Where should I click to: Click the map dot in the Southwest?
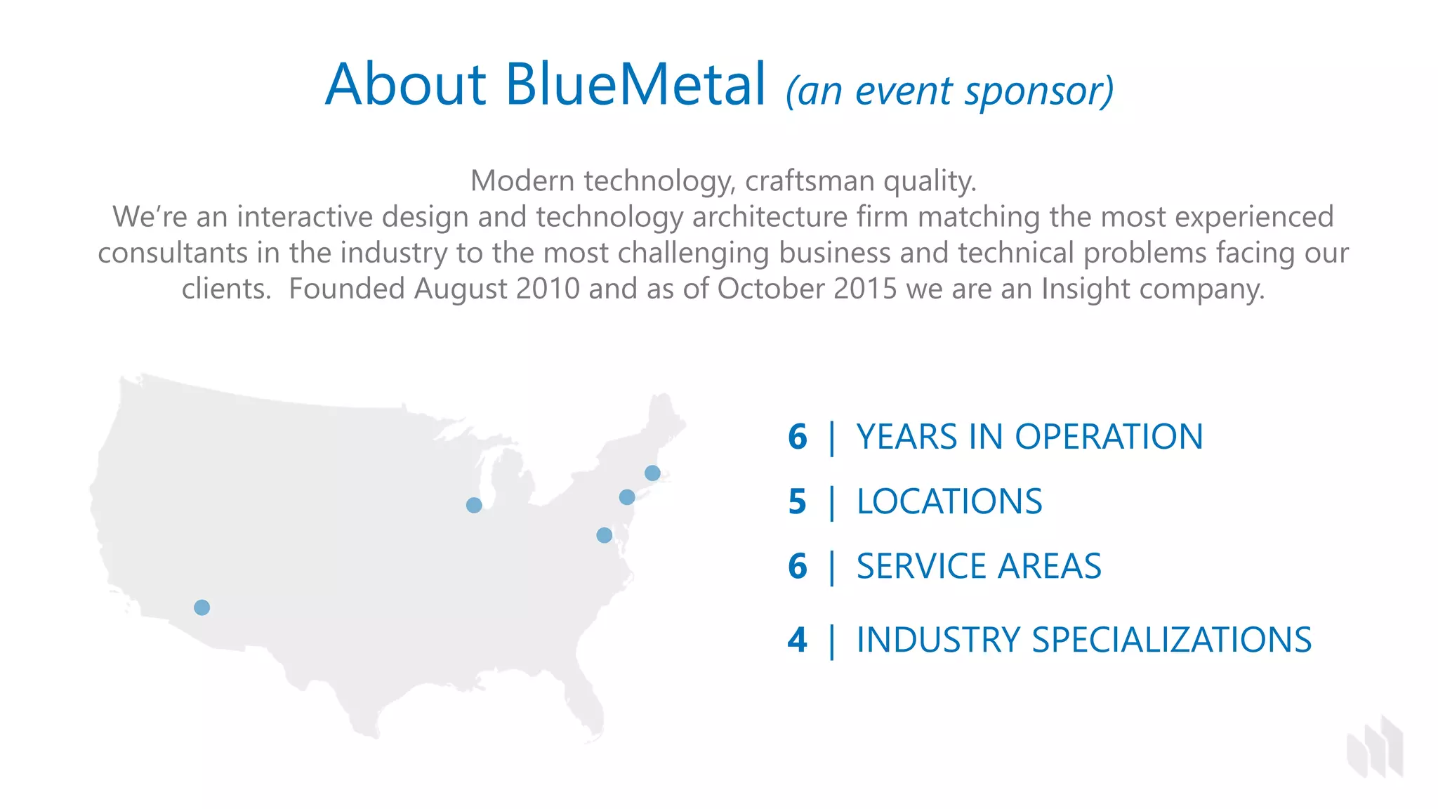pyautogui.click(x=202, y=607)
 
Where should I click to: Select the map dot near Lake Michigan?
pyautogui.click(x=474, y=505)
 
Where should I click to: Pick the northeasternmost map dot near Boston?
pyautogui.click(x=652, y=473)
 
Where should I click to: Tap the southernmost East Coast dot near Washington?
pyautogui.click(x=604, y=535)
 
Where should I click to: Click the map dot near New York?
pyautogui.click(x=627, y=497)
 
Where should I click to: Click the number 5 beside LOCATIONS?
pyautogui.click(x=797, y=502)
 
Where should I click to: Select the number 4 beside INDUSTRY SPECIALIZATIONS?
pyautogui.click(x=797, y=640)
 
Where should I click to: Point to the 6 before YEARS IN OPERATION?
pyautogui.click(x=798, y=437)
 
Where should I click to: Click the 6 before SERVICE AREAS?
pyautogui.click(x=798, y=567)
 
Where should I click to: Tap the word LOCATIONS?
pyautogui.click(x=949, y=502)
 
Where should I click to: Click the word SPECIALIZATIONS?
pyautogui.click(x=1170, y=640)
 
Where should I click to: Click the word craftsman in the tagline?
pyautogui.click(x=810, y=181)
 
